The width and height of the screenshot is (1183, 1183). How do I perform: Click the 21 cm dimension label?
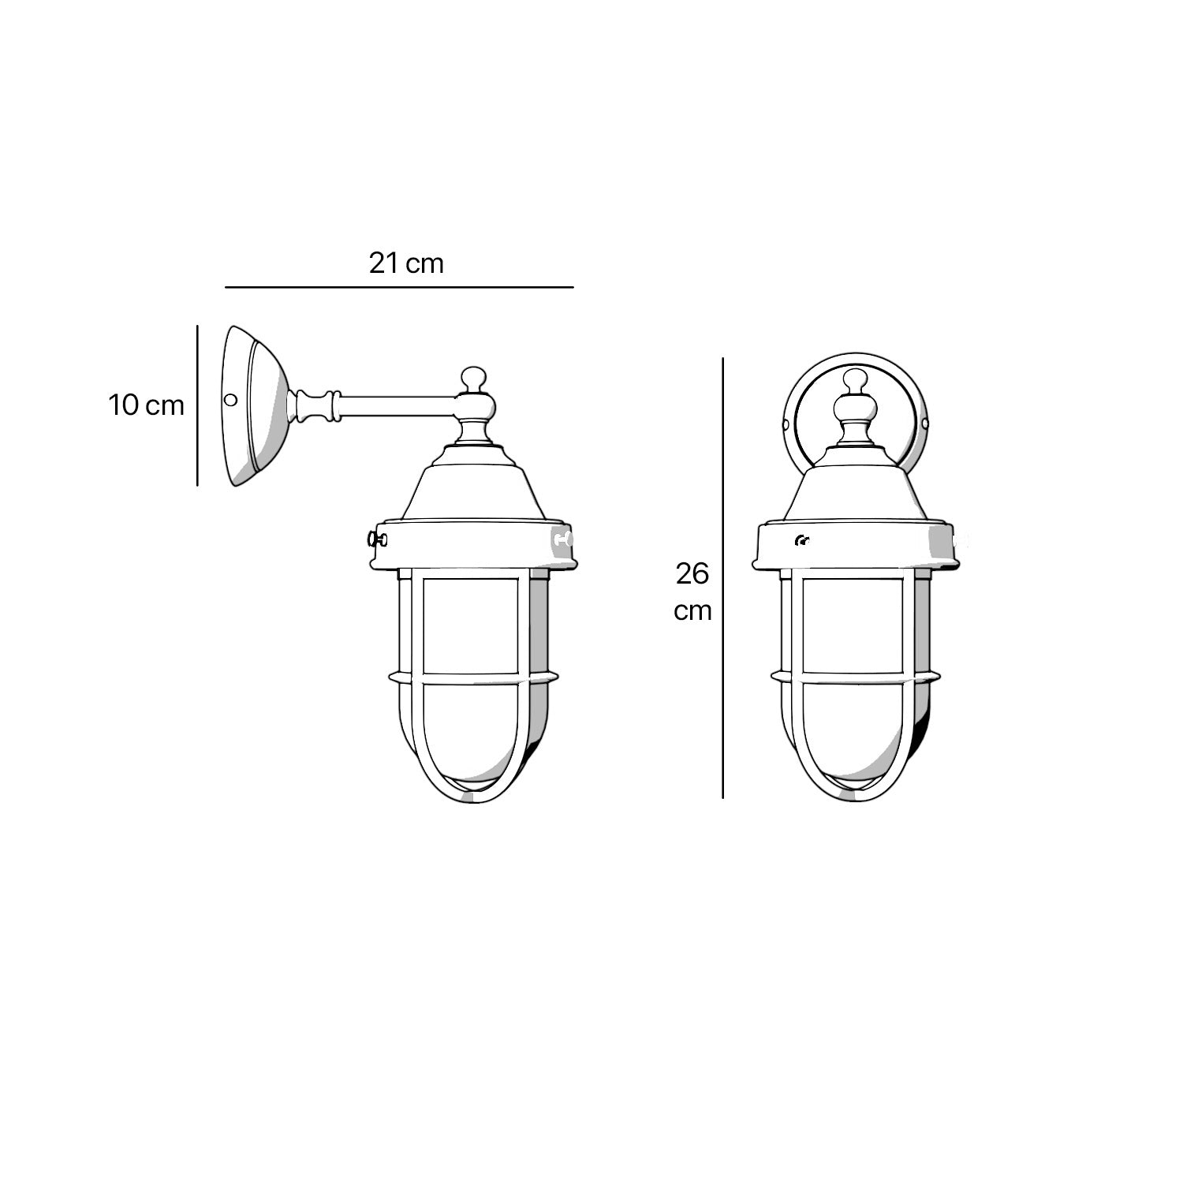pos(406,263)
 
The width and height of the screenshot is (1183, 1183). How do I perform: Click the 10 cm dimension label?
pos(146,405)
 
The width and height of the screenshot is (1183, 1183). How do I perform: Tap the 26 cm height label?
pos(692,591)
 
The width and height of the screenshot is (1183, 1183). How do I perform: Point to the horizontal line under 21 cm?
pos(399,287)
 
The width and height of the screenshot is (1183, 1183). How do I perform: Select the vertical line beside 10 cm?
pos(196,405)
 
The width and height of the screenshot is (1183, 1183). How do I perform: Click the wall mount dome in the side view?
pos(256,405)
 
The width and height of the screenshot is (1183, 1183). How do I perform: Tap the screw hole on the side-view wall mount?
pos(231,400)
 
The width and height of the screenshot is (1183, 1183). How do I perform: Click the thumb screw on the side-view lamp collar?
pos(375,540)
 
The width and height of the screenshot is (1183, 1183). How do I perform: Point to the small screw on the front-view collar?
pos(803,540)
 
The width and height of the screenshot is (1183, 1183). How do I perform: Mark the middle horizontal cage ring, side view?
pos(472,677)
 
